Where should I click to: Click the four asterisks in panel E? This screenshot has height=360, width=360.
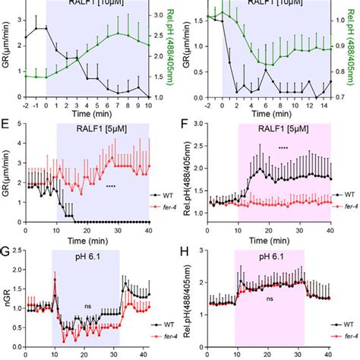(111, 186)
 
